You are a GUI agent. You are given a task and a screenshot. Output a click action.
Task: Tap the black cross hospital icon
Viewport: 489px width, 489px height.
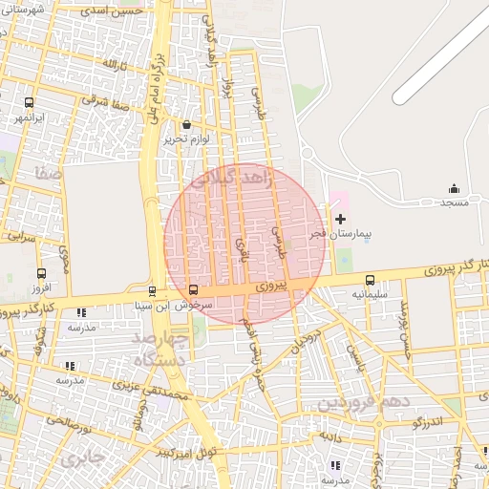point(341,219)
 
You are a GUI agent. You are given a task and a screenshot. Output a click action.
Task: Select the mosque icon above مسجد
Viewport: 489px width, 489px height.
point(453,188)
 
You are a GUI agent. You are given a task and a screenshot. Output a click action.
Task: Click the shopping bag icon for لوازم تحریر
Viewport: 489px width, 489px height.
point(185,124)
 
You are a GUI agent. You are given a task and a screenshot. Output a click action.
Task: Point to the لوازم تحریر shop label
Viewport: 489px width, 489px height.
point(185,138)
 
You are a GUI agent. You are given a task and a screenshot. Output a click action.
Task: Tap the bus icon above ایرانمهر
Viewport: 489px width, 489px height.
point(29,103)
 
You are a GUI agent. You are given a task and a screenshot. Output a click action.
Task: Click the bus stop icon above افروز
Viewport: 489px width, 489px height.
point(39,272)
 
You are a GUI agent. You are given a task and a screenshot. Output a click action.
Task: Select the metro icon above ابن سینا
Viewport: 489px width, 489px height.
point(152,291)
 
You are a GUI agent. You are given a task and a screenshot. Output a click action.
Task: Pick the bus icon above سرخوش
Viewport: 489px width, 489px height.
point(194,289)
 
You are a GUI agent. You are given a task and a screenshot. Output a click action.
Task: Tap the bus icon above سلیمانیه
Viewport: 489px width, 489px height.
point(370,280)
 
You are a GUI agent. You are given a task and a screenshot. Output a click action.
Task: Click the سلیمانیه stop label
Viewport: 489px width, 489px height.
point(370,294)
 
